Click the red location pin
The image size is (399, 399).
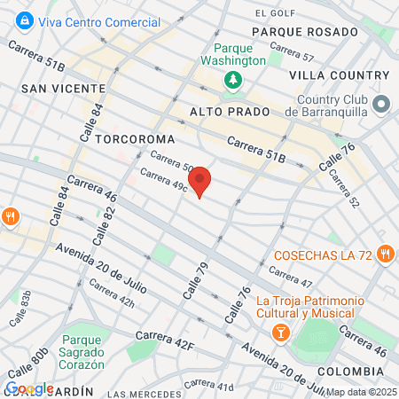(200, 181)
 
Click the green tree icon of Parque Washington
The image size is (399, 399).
(233, 81)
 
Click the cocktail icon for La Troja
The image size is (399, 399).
(280, 332)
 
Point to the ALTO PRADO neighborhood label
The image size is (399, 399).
(223, 112)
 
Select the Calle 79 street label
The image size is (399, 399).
(196, 279)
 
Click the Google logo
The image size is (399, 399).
(29, 388)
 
